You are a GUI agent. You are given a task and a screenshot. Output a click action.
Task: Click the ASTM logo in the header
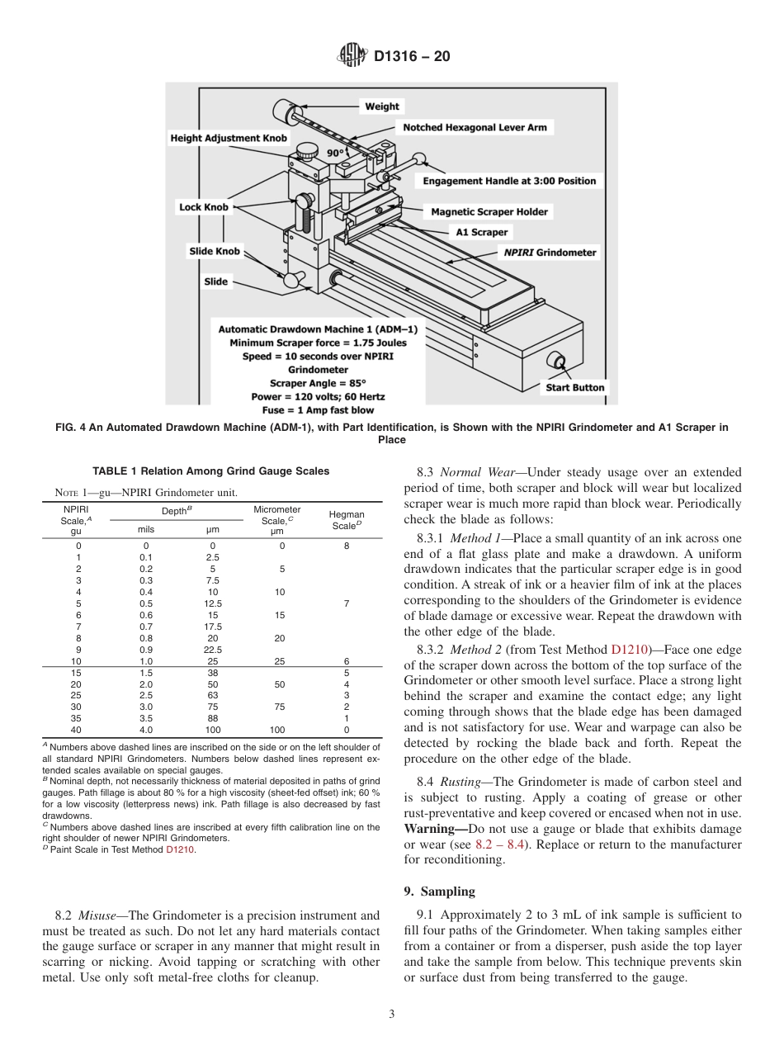(x=352, y=57)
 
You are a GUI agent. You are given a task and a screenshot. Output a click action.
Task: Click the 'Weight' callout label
(x=381, y=106)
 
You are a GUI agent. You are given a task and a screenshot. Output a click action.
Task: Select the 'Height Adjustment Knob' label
(x=229, y=138)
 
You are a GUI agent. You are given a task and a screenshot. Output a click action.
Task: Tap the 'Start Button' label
(x=574, y=387)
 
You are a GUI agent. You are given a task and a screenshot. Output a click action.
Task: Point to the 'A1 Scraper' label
(x=482, y=232)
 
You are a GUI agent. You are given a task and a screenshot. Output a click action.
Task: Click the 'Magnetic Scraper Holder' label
(x=489, y=212)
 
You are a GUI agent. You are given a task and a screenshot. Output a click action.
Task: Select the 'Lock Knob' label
(x=203, y=207)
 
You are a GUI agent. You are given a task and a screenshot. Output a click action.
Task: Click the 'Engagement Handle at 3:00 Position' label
(x=508, y=181)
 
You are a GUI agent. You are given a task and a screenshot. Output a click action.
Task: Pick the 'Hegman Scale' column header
(x=347, y=520)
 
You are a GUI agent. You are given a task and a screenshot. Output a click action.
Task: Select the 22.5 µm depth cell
(x=212, y=650)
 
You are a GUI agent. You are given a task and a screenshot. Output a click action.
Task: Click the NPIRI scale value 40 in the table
(x=76, y=730)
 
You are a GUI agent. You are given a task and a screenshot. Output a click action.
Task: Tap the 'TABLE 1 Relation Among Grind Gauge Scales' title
(x=210, y=471)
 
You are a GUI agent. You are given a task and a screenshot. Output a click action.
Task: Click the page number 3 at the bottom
(x=391, y=1015)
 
